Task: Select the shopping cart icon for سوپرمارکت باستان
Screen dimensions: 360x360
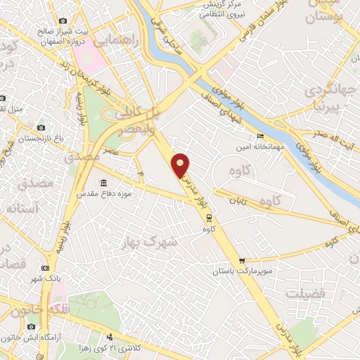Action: click(243, 259)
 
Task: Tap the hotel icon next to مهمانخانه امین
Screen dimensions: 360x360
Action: click(261, 136)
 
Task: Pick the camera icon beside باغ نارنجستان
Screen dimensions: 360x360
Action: click(41, 128)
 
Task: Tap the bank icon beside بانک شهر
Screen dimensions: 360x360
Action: click(46, 268)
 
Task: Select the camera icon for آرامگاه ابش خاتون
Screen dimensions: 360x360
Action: click(32, 327)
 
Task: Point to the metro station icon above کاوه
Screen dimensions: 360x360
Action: click(208, 217)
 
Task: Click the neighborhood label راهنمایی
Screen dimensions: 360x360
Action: click(122, 41)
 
